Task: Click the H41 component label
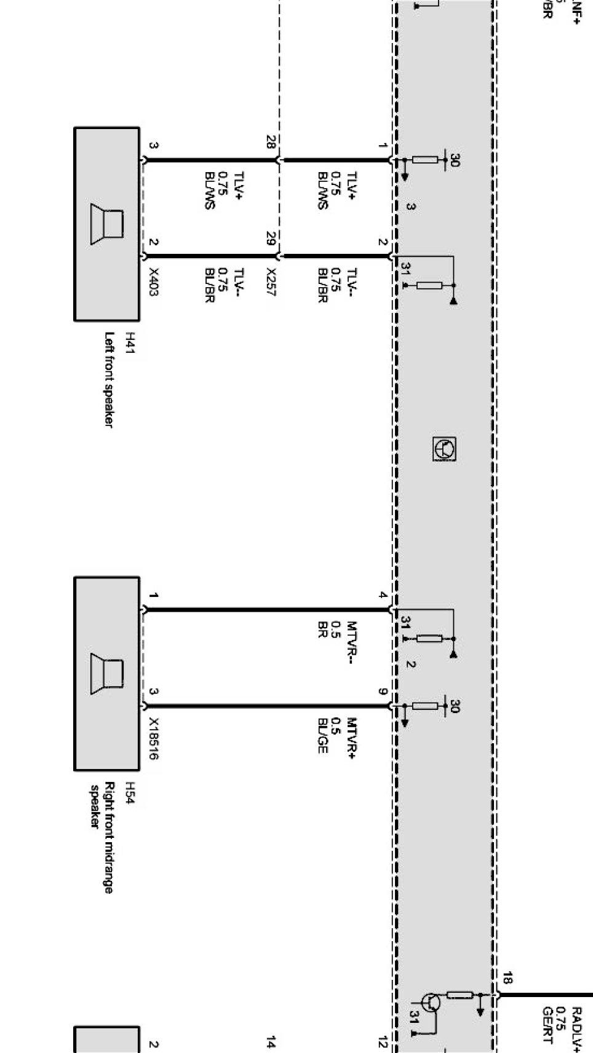tap(130, 344)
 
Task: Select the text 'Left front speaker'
tap(109, 380)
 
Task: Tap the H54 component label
tap(130, 794)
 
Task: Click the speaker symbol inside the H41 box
tap(107, 224)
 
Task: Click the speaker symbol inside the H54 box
tap(107, 674)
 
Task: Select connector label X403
tap(154, 282)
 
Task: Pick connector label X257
tap(271, 282)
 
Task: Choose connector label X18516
tap(154, 738)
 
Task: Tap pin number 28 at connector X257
tap(271, 142)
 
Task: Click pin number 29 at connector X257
tap(271, 238)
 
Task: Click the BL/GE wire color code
tap(323, 735)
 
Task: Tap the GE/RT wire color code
tap(547, 1025)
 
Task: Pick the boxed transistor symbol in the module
tap(444, 449)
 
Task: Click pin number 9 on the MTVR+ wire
tap(383, 692)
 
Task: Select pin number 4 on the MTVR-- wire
tap(383, 595)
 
